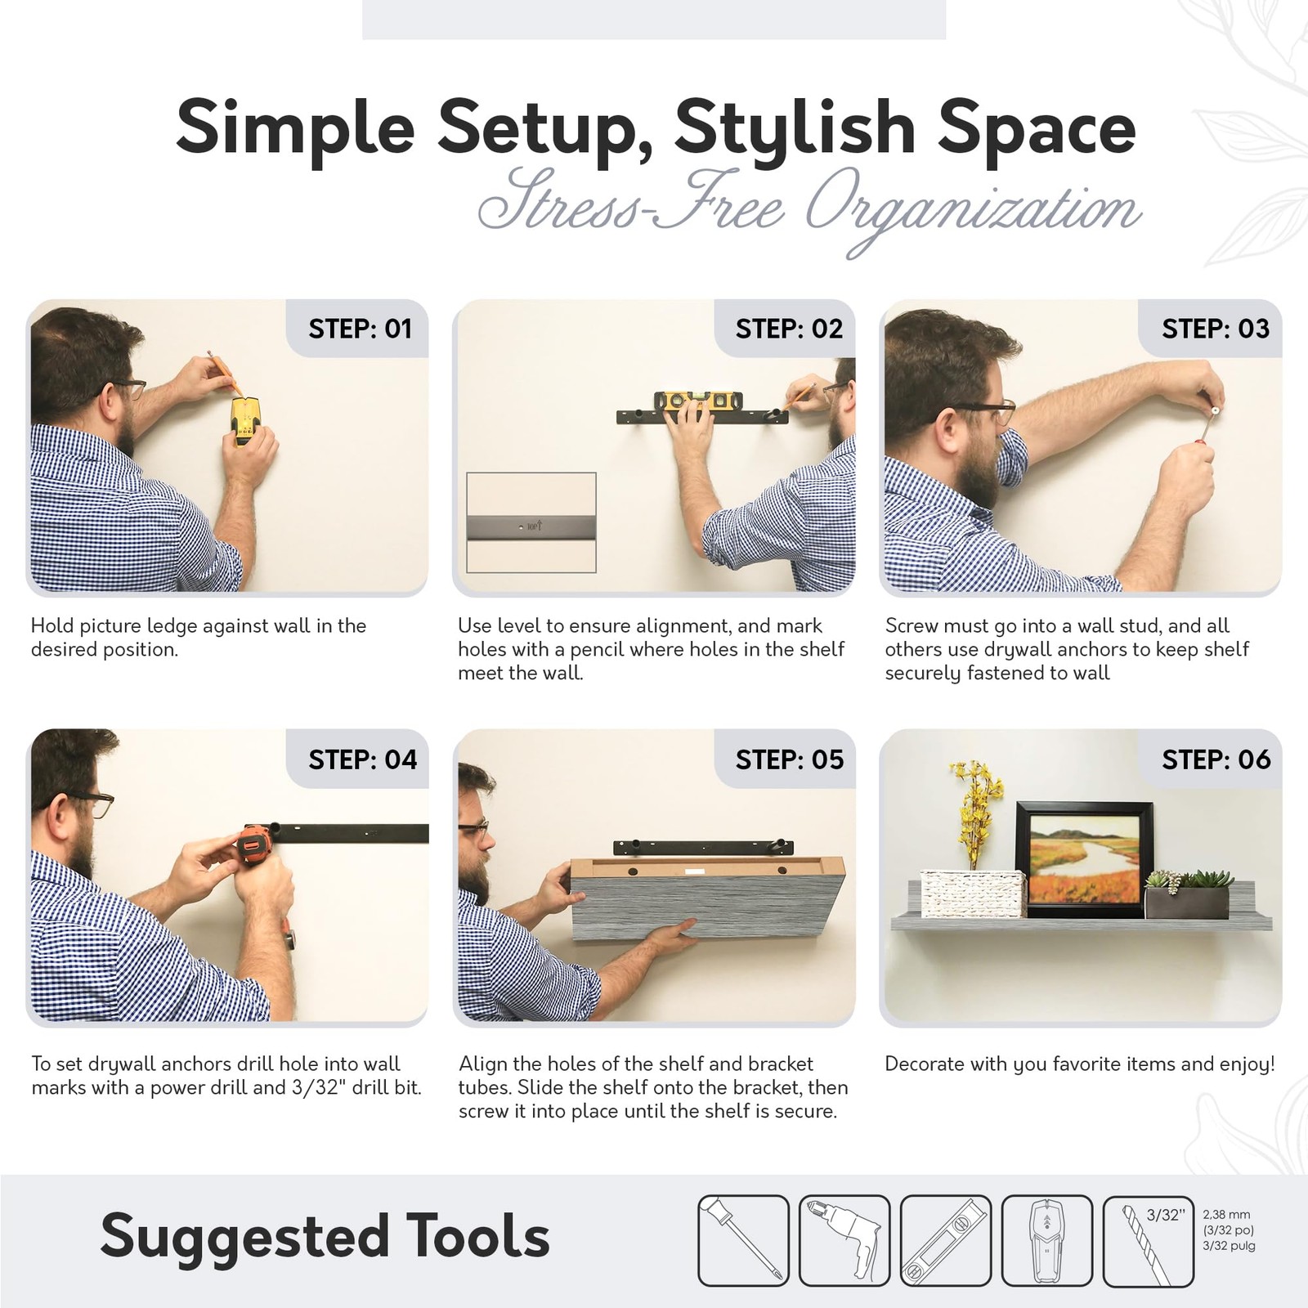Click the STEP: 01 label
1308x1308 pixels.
(360, 329)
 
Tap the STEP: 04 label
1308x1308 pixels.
(362, 759)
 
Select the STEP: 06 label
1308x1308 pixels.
(1216, 759)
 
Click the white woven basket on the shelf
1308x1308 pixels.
(972, 893)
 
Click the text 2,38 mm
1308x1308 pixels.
(1226, 1215)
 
